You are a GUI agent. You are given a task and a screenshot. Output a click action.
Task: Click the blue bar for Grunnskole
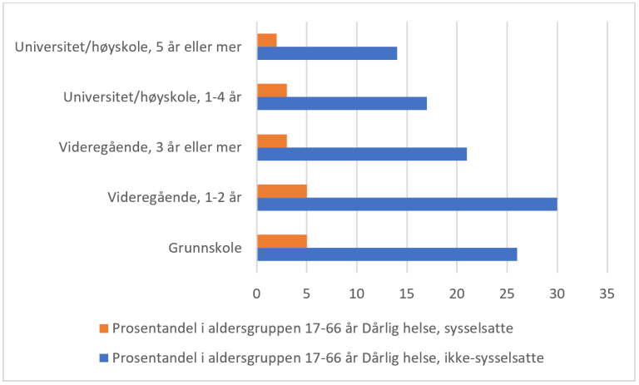click(387, 254)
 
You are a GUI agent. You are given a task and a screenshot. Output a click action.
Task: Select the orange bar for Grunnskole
click(282, 241)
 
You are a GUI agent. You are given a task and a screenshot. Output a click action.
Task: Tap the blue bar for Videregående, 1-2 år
click(407, 204)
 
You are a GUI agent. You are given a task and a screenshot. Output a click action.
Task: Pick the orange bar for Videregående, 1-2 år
click(282, 191)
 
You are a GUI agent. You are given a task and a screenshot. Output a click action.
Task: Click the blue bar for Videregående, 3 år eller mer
click(362, 154)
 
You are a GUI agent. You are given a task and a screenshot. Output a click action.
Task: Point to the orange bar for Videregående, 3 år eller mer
click(272, 141)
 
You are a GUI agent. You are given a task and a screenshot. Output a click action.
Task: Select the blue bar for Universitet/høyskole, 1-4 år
click(342, 103)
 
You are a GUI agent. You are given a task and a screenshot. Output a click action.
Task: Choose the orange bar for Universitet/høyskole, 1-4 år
click(272, 90)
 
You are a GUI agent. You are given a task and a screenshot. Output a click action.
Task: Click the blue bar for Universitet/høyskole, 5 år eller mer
click(327, 53)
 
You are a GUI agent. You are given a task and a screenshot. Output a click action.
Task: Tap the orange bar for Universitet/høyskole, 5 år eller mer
click(267, 40)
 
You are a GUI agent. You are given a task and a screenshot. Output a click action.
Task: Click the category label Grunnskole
click(206, 248)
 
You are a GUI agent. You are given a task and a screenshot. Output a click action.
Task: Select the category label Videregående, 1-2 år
click(175, 198)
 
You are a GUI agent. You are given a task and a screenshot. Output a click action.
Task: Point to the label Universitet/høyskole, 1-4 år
click(152, 97)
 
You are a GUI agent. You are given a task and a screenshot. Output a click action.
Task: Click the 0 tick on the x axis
click(257, 293)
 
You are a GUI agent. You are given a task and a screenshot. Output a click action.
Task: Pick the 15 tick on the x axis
click(407, 293)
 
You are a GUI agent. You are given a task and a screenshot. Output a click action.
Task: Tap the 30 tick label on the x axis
click(557, 293)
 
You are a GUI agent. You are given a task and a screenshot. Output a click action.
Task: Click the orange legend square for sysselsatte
click(103, 328)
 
